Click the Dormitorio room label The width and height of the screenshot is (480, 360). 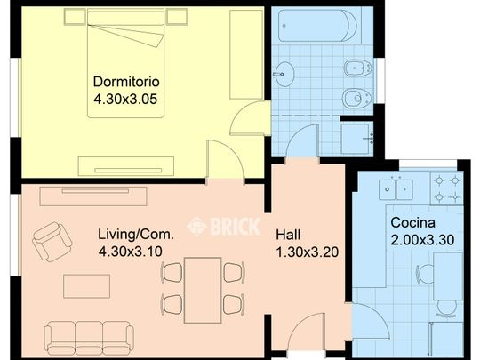tap(126, 82)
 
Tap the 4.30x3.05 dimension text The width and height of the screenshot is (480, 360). tap(125, 100)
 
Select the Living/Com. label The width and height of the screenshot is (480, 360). tap(136, 235)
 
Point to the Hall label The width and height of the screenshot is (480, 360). tap(288, 235)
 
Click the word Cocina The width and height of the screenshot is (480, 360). tap(412, 222)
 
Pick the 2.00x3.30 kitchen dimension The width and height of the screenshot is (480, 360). tap(422, 240)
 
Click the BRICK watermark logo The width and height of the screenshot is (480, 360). tap(224, 227)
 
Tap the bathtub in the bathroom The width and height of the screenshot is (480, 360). tap(317, 26)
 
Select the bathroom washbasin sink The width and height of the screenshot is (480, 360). tap(284, 74)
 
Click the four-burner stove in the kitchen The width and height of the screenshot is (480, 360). tap(447, 188)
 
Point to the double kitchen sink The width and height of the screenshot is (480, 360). tap(396, 189)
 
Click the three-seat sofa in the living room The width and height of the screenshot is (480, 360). tap(89, 338)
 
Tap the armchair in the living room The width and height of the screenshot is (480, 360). tap(52, 242)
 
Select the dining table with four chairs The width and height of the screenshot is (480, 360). tap(203, 290)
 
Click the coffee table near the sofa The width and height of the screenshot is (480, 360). tap(86, 286)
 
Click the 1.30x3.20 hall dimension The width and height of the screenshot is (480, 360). tap(308, 252)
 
